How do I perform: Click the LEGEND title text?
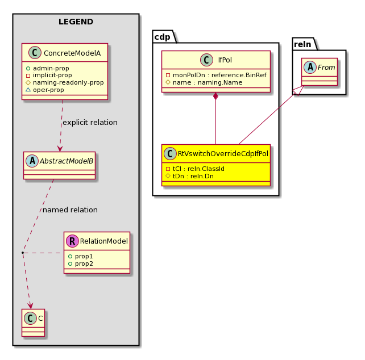pyautogui.click(x=76, y=22)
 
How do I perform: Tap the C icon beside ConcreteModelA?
pyautogui.click(x=35, y=53)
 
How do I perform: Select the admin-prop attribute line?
pyautogui.click(x=48, y=68)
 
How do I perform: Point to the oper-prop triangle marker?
pyautogui.click(x=28, y=90)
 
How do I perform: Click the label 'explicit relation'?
pyautogui.click(x=90, y=122)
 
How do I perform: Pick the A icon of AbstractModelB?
pyautogui.click(x=32, y=161)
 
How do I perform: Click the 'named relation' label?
pyautogui.click(x=70, y=210)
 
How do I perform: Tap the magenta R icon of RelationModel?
pyautogui.click(x=72, y=241)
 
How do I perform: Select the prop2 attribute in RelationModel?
pyautogui.click(x=81, y=263)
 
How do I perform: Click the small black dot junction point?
pyautogui.click(x=23, y=253)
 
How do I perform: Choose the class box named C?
pyautogui.click(x=34, y=323)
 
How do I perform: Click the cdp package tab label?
pyautogui.click(x=162, y=37)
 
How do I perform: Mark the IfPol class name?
pyautogui.click(x=225, y=60)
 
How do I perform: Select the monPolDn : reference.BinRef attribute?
pyautogui.click(x=216, y=75)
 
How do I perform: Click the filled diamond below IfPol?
pyautogui.click(x=216, y=96)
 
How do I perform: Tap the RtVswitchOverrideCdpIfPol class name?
pyautogui.click(x=223, y=154)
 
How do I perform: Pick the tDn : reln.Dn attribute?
pyautogui.click(x=190, y=176)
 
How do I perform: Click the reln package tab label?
pyautogui.click(x=302, y=44)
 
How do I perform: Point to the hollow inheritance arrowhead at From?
pyautogui.click(x=298, y=91)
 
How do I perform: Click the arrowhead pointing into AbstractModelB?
pyautogui.click(x=60, y=149)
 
